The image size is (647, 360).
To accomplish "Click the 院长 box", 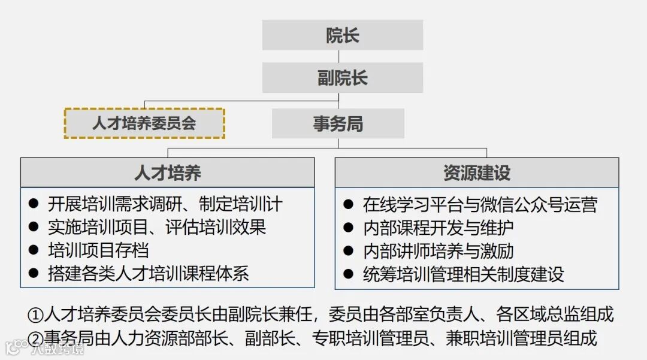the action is point(342,35).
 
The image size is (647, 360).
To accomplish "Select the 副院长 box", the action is point(342,78).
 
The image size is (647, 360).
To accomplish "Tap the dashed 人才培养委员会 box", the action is point(144,123).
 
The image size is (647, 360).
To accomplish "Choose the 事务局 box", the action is point(338,123).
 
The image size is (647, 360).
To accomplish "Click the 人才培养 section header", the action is point(167,173).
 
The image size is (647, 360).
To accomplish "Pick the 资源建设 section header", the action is point(476,173).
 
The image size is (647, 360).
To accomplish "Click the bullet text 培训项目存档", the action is point(98,250).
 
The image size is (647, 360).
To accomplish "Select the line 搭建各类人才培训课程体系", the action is point(148,274).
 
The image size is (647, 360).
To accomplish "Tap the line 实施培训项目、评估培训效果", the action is point(156,227).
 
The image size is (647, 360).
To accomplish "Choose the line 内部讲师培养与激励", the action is point(438,251).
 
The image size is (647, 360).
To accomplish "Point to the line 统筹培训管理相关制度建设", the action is point(463,274).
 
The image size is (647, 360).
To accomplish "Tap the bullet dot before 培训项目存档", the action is point(34,250).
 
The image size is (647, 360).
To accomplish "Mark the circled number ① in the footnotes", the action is point(36,315).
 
